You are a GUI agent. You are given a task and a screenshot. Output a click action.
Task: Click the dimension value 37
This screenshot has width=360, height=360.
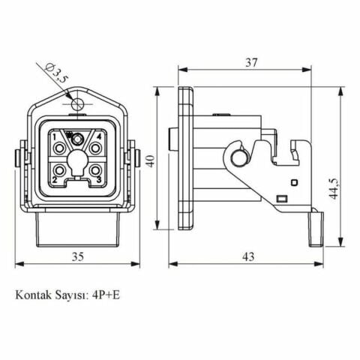point(252,62)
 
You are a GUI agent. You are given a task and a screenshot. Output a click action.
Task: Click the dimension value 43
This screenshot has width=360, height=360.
point(248,256)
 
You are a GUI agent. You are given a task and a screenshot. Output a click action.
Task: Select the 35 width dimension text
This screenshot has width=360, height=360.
point(78,256)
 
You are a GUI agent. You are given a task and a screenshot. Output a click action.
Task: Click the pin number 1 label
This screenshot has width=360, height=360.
point(54,136)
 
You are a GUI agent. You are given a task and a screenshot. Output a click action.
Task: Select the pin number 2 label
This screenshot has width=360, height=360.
point(54,181)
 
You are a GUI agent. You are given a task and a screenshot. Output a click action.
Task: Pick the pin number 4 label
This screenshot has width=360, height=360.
point(98,136)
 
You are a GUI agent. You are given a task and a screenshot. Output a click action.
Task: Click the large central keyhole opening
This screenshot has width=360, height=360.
point(76,160)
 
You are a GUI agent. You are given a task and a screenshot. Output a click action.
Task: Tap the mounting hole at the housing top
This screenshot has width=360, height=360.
point(76,103)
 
